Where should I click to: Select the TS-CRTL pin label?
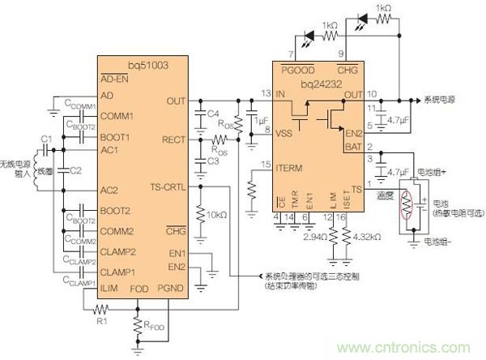[x=168, y=187]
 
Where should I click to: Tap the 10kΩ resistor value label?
[x=216, y=215]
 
